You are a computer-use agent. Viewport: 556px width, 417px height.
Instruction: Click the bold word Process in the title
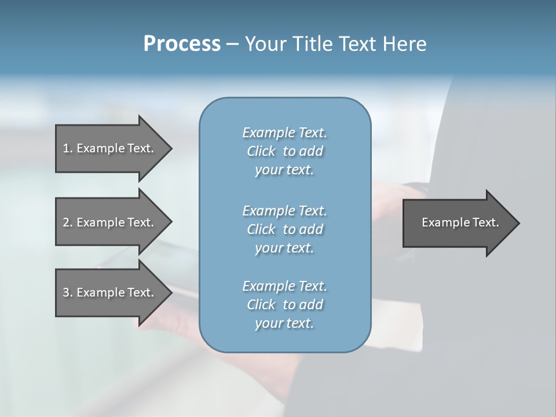(x=182, y=44)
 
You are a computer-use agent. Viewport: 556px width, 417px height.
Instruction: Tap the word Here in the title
(x=405, y=44)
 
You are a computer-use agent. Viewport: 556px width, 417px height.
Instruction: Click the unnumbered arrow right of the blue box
(x=458, y=222)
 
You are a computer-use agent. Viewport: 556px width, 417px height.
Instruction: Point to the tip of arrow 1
(x=170, y=148)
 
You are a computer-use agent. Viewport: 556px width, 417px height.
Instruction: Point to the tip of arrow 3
(x=170, y=292)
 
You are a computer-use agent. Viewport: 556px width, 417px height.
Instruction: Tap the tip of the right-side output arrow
(x=518, y=222)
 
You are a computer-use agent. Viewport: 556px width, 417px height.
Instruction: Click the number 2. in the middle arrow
(x=67, y=222)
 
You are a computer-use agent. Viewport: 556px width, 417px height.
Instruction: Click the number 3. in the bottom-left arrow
(x=67, y=292)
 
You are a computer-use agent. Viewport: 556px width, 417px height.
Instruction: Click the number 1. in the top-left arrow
(x=67, y=148)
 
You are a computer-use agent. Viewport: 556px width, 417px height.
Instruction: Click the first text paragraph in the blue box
(x=284, y=151)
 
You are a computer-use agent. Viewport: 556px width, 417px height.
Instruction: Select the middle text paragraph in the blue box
(x=284, y=229)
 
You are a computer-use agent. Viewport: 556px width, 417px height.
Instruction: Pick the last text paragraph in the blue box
(x=284, y=305)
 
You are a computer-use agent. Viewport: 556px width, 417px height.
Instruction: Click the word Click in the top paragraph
(x=261, y=151)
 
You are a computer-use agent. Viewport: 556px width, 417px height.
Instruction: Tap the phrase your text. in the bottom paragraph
(x=284, y=323)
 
